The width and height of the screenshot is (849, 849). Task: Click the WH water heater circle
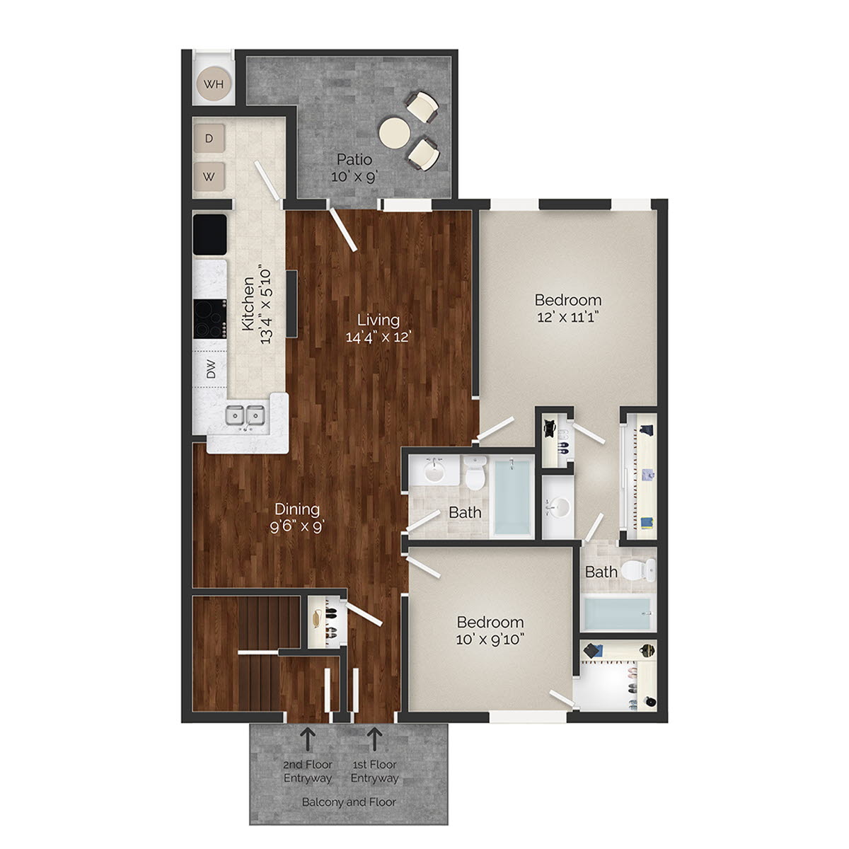coord(214,84)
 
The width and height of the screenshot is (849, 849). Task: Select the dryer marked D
coord(209,139)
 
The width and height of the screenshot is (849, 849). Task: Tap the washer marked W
coord(209,176)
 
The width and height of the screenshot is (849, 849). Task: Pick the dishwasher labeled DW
coord(211,370)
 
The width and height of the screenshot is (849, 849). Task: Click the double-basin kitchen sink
coord(246,416)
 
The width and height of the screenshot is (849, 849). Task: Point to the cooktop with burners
coord(210,320)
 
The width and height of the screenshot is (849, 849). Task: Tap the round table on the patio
coord(395,132)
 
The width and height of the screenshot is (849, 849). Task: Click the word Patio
coord(354,159)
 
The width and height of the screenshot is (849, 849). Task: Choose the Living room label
coord(378,320)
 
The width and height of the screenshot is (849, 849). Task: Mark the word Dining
coord(297,509)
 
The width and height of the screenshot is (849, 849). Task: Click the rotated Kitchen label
coord(248,305)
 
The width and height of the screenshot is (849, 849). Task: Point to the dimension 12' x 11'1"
coord(567,318)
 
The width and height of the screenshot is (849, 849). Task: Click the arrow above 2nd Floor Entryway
coord(308,739)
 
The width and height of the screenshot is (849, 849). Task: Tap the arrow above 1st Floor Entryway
coord(374,739)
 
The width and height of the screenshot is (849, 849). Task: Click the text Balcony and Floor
coord(349,802)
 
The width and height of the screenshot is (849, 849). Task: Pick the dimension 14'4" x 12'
coord(378,337)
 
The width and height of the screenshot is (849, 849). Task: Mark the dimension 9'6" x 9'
coord(297,526)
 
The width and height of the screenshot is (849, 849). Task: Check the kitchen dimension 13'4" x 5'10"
coord(267,305)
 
